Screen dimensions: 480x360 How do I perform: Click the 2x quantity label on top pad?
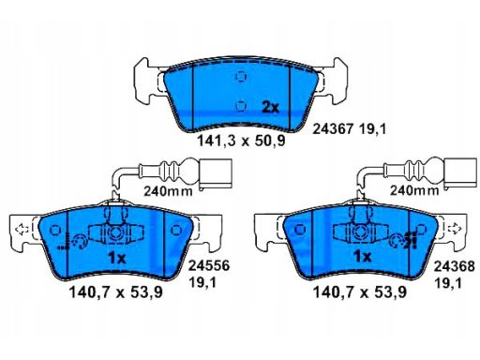coord(270,108)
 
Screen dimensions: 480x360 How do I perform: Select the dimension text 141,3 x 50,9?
coord(241,142)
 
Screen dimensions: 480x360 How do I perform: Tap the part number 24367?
coord(333,128)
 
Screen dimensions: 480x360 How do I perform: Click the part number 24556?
coord(209,266)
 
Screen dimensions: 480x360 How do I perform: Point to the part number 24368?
coord(454,266)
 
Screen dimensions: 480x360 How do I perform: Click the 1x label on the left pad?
coord(116,258)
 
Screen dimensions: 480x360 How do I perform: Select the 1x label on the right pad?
coord(362,257)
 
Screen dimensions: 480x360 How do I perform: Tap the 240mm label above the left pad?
coord(168,191)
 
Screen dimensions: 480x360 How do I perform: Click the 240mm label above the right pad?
coord(414,190)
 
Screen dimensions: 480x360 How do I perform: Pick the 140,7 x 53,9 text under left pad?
coord(116,292)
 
